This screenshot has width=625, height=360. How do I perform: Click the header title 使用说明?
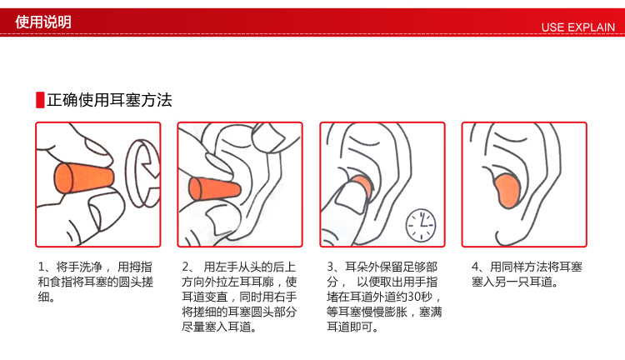point(43,22)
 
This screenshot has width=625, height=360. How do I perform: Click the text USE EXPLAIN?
point(577,27)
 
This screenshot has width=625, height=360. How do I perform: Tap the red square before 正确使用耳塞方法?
point(40,100)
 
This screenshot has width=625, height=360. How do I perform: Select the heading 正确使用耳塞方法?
point(109,100)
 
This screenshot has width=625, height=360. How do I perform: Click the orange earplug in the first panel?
point(82,178)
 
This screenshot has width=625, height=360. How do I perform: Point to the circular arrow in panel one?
point(142,173)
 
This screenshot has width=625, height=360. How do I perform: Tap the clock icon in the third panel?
point(421,225)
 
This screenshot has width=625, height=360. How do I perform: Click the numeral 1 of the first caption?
point(41,267)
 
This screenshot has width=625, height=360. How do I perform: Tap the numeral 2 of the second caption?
point(185,267)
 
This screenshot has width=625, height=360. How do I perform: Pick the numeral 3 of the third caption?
point(331,267)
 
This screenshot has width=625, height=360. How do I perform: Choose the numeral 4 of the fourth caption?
point(475,267)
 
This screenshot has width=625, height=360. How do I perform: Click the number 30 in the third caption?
point(414,297)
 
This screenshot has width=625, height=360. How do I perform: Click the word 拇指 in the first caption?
point(141,267)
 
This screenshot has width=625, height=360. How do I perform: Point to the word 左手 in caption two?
point(227,267)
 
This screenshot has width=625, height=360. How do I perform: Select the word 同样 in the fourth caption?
point(513,267)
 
